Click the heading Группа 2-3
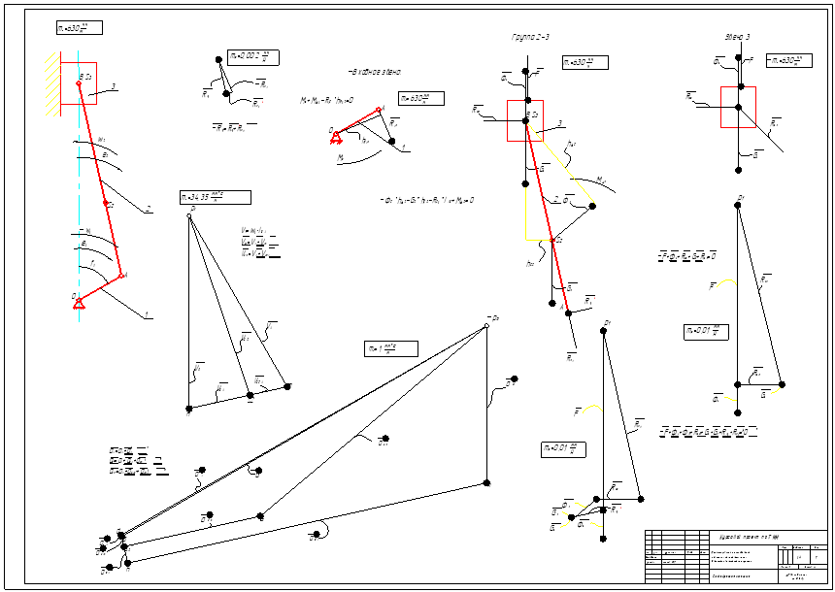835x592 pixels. (x=531, y=37)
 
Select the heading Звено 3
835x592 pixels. (x=737, y=37)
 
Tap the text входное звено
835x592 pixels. (x=374, y=73)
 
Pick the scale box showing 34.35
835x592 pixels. (x=215, y=198)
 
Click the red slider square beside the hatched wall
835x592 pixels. (x=79, y=82)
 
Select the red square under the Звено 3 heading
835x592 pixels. (x=738, y=107)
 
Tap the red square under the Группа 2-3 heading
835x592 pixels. (x=525, y=120)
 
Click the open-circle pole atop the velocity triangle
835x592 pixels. (x=189, y=215)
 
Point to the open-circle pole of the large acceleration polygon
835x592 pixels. (x=485, y=327)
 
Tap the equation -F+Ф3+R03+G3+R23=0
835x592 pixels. (x=686, y=256)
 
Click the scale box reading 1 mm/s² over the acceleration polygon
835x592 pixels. (x=390, y=348)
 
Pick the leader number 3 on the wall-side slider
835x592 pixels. (x=114, y=86)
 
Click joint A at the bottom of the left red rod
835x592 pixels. (x=121, y=277)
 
